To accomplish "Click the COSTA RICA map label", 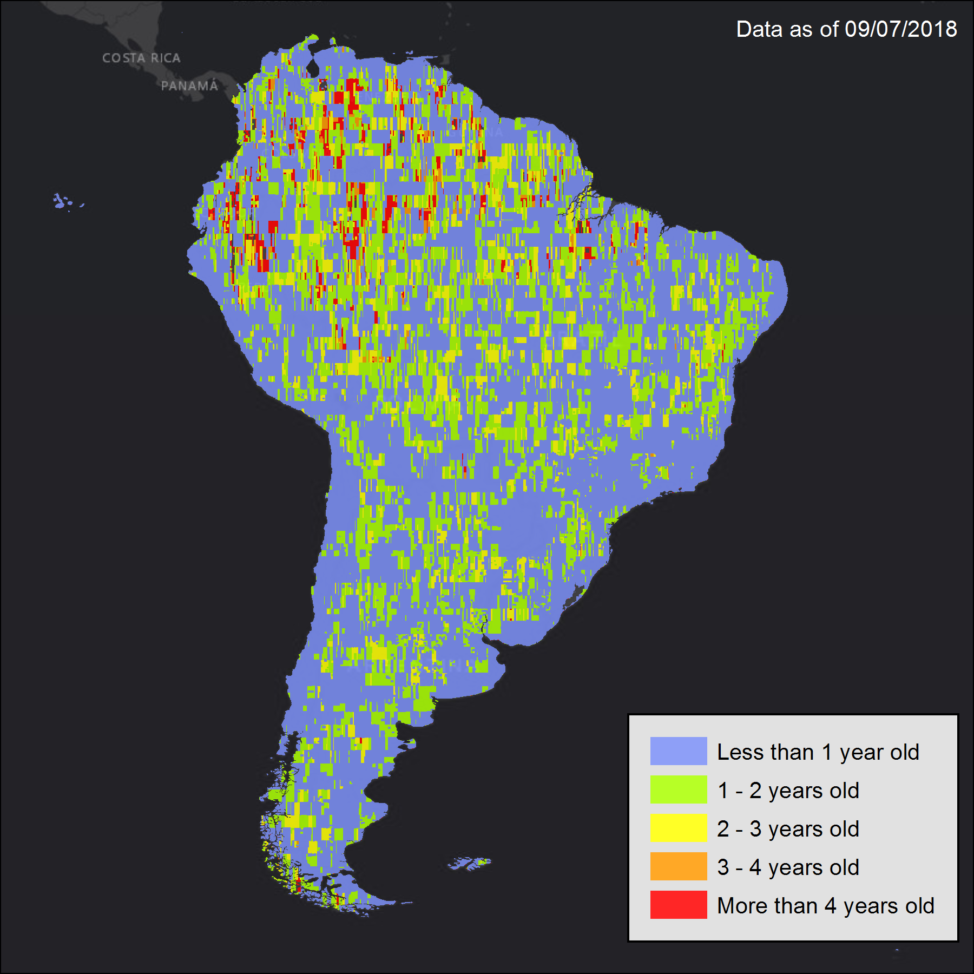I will tap(141, 58).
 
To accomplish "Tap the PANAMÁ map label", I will tap(189, 85).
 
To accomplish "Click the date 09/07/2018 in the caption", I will tap(901, 29).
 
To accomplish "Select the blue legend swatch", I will tap(678, 751).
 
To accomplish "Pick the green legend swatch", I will tap(678, 789).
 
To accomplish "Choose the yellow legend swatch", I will tap(678, 828).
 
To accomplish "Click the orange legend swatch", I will tap(678, 866).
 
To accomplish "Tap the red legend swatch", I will tap(678, 905).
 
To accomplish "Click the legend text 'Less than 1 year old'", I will tap(818, 752).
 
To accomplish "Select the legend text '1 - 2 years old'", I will tap(788, 791).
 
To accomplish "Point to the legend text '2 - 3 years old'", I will tap(788, 829).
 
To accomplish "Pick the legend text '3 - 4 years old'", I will tap(788, 867).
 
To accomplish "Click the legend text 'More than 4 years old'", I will tap(826, 906).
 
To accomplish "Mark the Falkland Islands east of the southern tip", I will tap(470, 863).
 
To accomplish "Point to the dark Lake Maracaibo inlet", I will tap(313, 68).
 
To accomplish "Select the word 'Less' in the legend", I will tap(738, 752).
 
